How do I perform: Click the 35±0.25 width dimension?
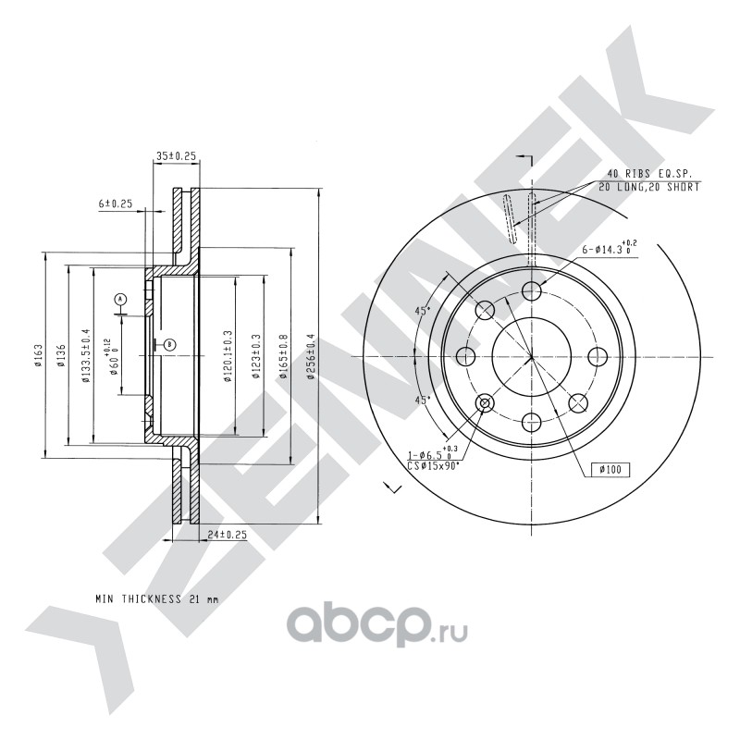tap(177, 156)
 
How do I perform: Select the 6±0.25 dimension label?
tap(116, 203)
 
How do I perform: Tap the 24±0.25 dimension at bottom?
tap(226, 535)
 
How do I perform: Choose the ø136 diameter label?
tap(60, 354)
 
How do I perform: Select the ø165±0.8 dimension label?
tap(284, 354)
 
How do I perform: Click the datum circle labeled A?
tap(120, 299)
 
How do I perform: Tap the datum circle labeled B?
tap(169, 344)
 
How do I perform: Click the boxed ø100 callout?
tap(609, 470)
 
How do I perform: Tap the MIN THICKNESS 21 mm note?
tap(157, 598)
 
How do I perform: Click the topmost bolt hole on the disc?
tap(531, 292)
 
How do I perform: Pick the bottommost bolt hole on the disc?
tap(531, 423)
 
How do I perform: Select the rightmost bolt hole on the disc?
tap(597, 357)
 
